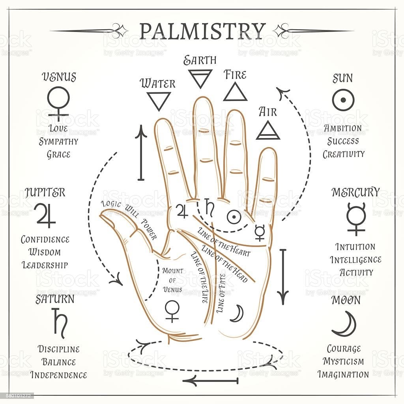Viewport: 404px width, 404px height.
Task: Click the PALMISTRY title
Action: tap(202, 31)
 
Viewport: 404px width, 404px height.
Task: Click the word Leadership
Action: tap(45, 265)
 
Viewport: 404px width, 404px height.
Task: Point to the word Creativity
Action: tap(344, 154)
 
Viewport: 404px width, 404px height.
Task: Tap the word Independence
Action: tap(58, 375)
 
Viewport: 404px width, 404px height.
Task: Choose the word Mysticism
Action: tap(343, 361)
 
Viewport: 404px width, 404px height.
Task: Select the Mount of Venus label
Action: tap(173, 280)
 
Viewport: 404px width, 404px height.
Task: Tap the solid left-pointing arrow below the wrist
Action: tap(210, 381)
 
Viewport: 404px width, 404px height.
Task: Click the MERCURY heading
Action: tap(355, 192)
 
